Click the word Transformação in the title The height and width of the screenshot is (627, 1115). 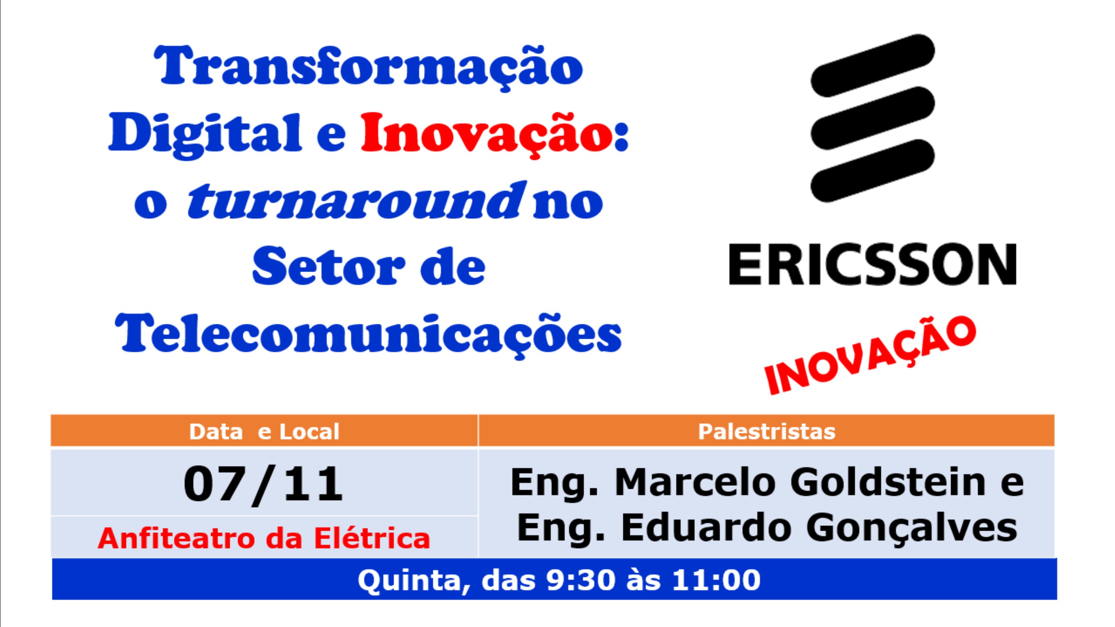pos(368,67)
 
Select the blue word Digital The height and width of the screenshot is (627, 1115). pos(205,134)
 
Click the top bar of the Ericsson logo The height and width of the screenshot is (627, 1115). pos(873,65)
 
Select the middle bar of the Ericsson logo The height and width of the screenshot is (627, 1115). pos(873,118)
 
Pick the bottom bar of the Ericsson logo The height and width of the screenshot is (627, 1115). pos(873,171)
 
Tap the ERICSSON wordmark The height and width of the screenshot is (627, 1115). pos(873,264)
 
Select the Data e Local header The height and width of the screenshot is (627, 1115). pos(264,432)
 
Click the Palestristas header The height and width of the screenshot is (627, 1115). pos(767,432)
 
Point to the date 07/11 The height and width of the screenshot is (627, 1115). pos(263,484)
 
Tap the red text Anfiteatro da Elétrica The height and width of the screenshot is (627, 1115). pos(264,538)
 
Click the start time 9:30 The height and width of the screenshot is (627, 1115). pos(581,580)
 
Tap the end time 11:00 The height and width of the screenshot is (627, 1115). pos(716,580)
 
